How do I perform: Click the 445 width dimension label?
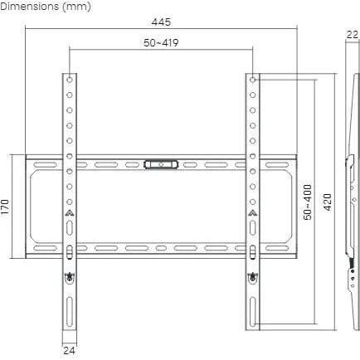161,22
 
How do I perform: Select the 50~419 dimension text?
161,43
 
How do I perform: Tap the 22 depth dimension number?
353,35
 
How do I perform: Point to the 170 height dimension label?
5,207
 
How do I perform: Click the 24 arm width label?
69,351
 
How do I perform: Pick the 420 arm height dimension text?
328,202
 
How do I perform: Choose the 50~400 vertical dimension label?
307,202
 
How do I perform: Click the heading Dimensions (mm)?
46,7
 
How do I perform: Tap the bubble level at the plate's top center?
161,165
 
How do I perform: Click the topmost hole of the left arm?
70,80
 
